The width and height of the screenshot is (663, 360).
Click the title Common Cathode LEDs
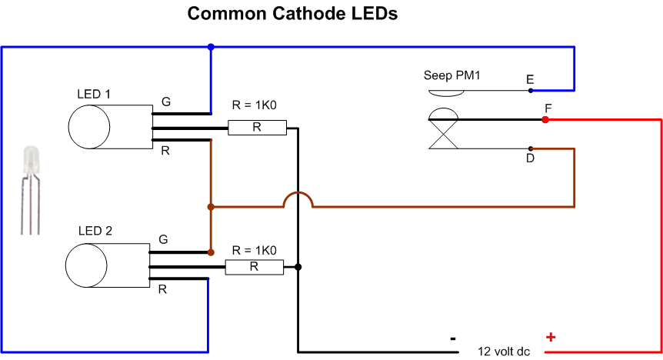tap(292, 14)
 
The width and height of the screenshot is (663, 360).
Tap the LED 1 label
tap(94, 94)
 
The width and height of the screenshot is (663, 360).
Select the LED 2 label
tap(95, 231)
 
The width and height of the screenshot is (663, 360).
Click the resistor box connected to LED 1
tap(257, 128)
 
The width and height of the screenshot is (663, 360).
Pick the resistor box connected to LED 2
tap(254, 267)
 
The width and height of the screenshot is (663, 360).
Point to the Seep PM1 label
tap(452, 75)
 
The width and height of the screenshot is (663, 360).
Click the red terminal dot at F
tap(545, 120)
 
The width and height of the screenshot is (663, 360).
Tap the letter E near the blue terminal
tap(530, 79)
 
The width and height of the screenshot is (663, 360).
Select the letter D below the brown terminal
tap(530, 158)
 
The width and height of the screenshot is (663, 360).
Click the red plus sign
tap(551, 337)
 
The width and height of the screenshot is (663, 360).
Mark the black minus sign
tap(453, 338)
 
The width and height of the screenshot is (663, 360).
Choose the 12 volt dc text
tap(504, 351)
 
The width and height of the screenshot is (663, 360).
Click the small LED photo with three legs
tap(31, 190)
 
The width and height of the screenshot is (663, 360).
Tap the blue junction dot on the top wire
tap(211, 47)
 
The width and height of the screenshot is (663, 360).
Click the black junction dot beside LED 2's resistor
tap(298, 267)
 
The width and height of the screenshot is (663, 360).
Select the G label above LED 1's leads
tap(166, 102)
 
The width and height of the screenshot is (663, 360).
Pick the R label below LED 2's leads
tap(162, 289)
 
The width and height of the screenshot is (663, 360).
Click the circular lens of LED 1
tap(89, 127)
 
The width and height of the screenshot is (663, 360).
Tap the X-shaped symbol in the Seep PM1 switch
tap(444, 134)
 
